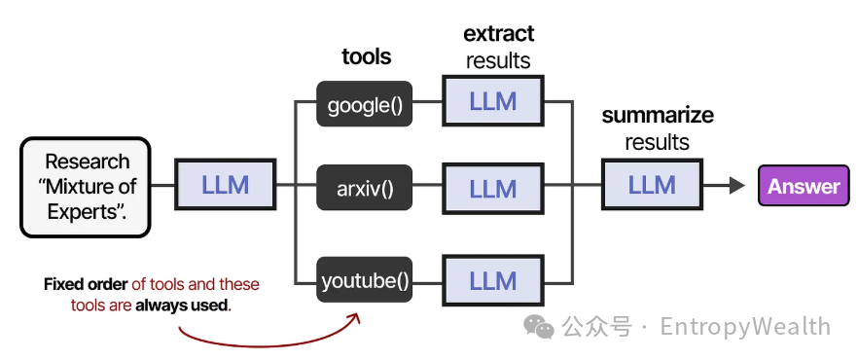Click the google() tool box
pyautogui.click(x=364, y=104)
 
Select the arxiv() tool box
pyautogui.click(x=364, y=187)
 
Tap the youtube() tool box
pyautogui.click(x=364, y=279)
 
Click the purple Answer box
pyautogui.click(x=804, y=186)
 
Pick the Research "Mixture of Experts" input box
pyautogui.click(x=86, y=187)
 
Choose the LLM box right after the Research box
pyautogui.click(x=225, y=184)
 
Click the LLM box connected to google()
pyautogui.click(x=492, y=101)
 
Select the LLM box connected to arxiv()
pyautogui.click(x=492, y=188)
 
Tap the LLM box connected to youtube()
pyautogui.click(x=492, y=279)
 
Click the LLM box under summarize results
pyautogui.click(x=651, y=184)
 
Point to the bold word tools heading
pyautogui.click(x=366, y=56)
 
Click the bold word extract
pyautogui.click(x=498, y=34)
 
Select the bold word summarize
pyautogui.click(x=658, y=116)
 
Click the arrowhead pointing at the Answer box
pyautogui.click(x=737, y=186)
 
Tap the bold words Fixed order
pyautogui.click(x=86, y=284)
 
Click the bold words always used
pyautogui.click(x=182, y=306)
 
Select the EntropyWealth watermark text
pyautogui.click(x=745, y=327)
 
